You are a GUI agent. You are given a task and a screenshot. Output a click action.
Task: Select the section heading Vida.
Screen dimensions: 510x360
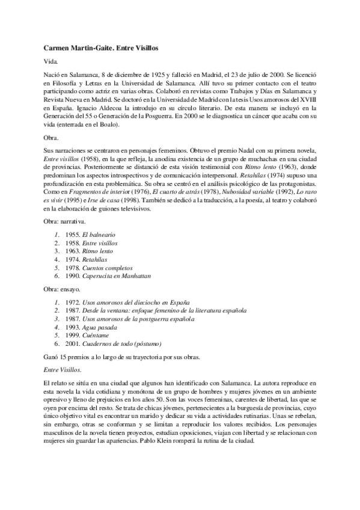point(52,61)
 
